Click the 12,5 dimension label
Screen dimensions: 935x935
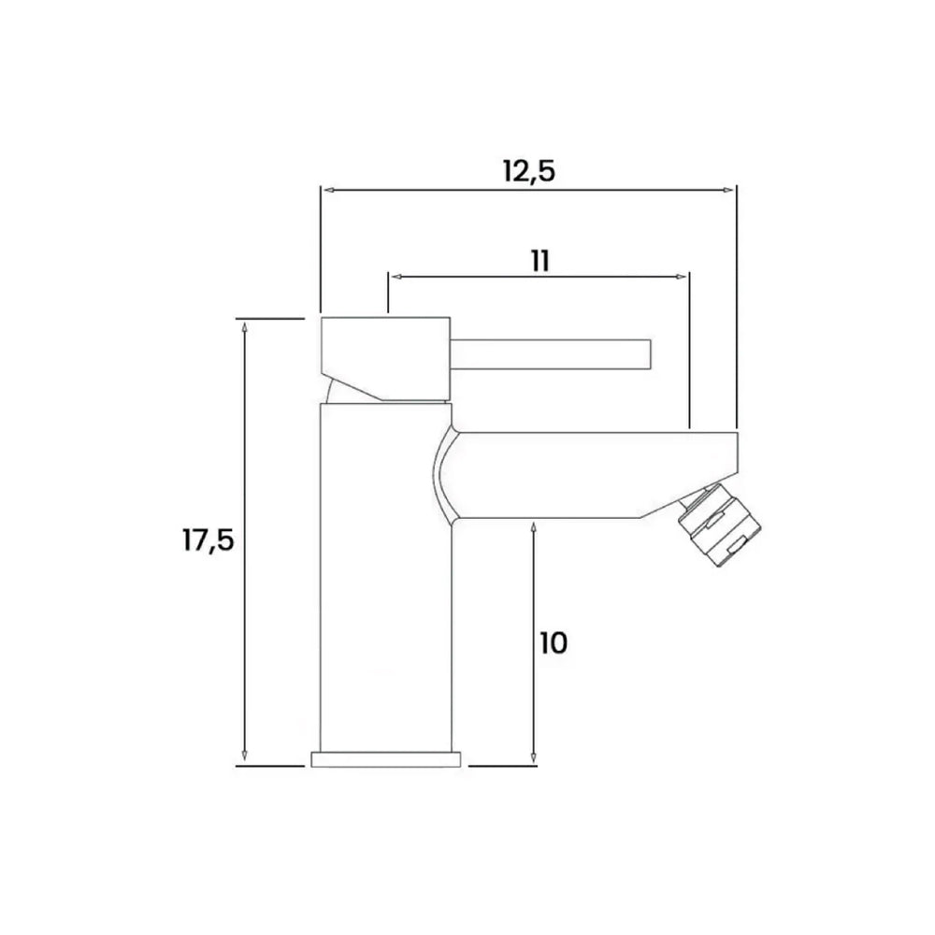point(529,171)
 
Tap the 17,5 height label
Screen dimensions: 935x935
point(208,541)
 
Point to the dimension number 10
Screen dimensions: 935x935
point(554,642)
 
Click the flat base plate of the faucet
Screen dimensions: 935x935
point(385,758)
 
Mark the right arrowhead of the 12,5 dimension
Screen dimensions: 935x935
point(730,190)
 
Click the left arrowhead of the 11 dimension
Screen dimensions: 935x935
point(396,277)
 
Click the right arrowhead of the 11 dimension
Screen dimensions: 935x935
point(683,277)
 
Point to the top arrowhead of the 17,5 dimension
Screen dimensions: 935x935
point(244,326)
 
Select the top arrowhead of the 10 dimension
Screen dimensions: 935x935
point(533,526)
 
